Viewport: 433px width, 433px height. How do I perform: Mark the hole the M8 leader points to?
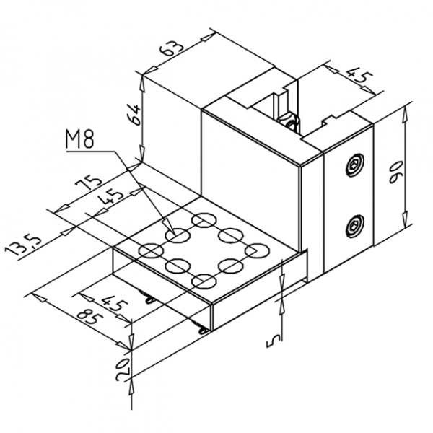point(176,234)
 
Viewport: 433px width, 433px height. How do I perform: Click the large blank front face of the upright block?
point(249,188)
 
